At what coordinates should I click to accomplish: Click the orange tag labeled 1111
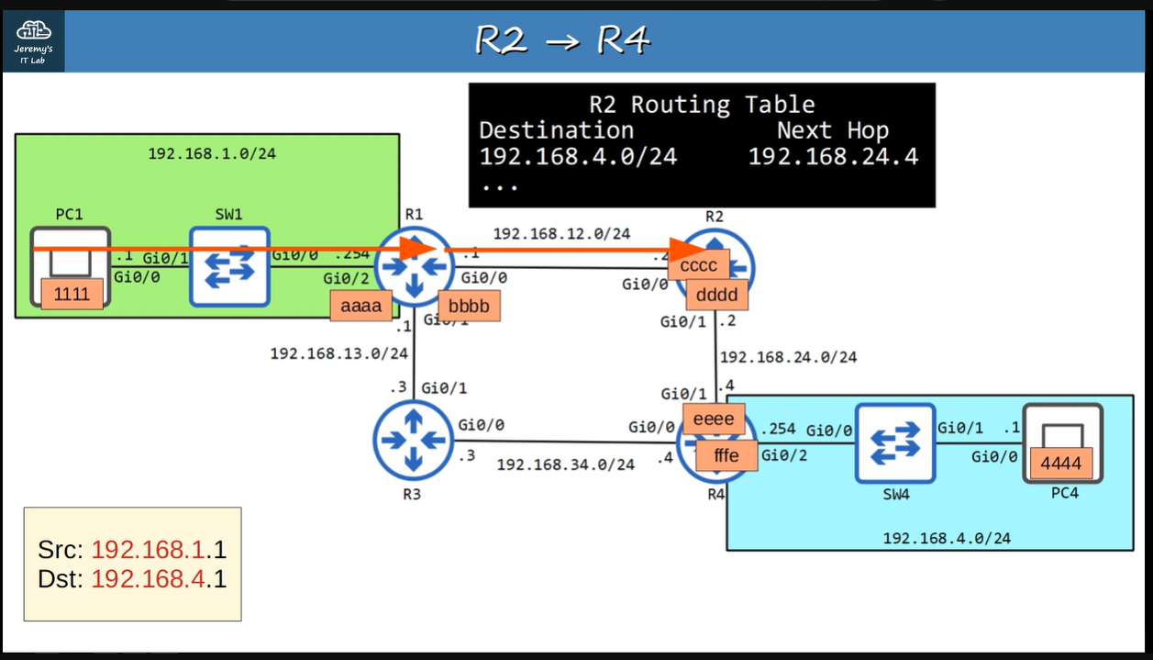[x=72, y=295]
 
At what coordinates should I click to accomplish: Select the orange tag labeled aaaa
[x=360, y=307]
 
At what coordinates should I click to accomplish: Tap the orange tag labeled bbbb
[x=468, y=307]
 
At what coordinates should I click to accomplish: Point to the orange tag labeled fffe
[x=726, y=455]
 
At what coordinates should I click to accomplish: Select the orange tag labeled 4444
[x=1060, y=464]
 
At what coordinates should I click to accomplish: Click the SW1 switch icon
[x=229, y=266]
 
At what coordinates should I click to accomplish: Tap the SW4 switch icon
[x=895, y=442]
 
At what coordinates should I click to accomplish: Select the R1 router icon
[x=414, y=267]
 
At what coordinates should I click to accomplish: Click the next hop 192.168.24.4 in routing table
[x=833, y=156]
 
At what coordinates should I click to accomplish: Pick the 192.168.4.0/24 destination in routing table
[x=578, y=156]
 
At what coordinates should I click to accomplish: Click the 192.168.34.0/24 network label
[x=565, y=464]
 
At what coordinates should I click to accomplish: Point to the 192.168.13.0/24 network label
[x=338, y=352]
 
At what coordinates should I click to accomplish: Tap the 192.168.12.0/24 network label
[x=561, y=233]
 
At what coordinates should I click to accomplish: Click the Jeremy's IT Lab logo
[x=33, y=40]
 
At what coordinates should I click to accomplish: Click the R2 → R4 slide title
[x=562, y=41]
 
